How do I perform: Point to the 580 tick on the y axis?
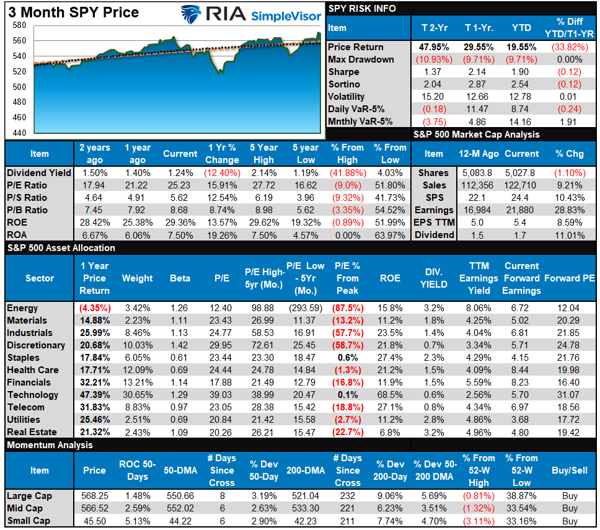tap(19, 25)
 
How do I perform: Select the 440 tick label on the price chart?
tap(19, 133)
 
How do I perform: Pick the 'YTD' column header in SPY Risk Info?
tap(521, 28)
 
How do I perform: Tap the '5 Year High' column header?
tap(263, 154)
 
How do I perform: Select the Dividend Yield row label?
tap(39, 173)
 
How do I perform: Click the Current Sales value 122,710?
tap(521, 185)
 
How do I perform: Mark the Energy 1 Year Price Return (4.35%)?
tap(94, 308)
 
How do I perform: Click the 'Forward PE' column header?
tap(570, 278)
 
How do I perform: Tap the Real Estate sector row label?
tap(32, 432)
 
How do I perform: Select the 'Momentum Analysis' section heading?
tap(50, 445)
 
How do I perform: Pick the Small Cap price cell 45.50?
tap(94, 521)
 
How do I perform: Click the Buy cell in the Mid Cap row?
tap(570, 508)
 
